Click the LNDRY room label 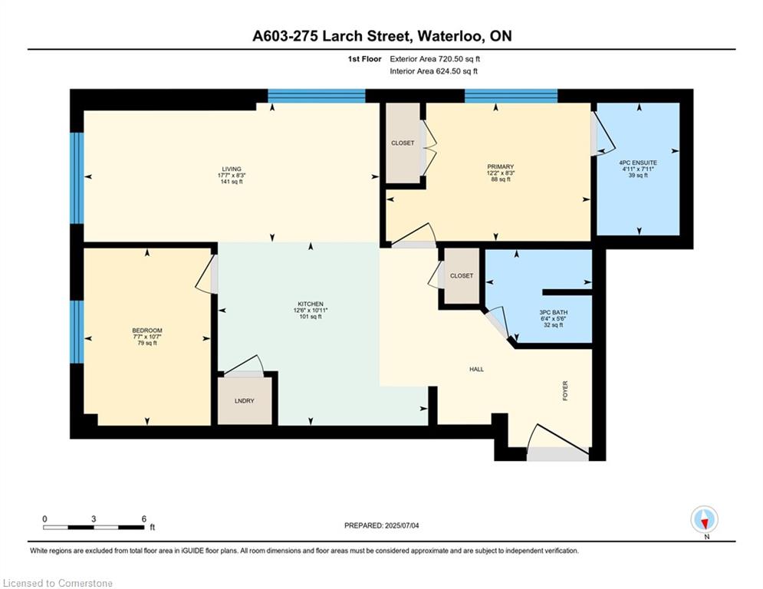[x=245, y=400]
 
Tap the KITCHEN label [x=311, y=304]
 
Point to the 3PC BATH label [x=554, y=312]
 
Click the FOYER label [x=565, y=390]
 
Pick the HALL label [x=476, y=369]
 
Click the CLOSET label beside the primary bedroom [x=403, y=143]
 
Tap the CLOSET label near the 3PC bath [x=462, y=275]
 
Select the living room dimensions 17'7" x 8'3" [x=232, y=175]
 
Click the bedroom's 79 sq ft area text [x=147, y=343]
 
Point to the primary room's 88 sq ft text [x=500, y=179]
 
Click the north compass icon [x=704, y=519]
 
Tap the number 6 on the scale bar [x=143, y=519]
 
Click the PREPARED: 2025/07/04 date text [x=382, y=525]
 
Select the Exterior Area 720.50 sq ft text [x=435, y=59]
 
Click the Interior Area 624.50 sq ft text [x=433, y=71]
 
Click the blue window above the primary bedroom [x=511, y=96]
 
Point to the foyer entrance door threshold [x=557, y=454]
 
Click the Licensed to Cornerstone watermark [x=58, y=583]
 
